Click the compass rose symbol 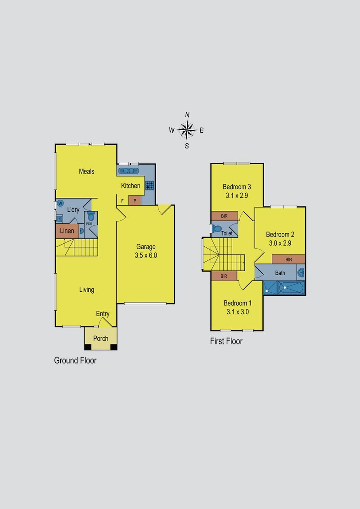pyautogui.click(x=187, y=130)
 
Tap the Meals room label pyautogui.click(x=86, y=171)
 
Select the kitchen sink pyautogui.click(x=128, y=171)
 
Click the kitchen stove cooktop pyautogui.click(x=149, y=185)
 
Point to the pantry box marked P pyautogui.click(x=135, y=200)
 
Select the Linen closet pyautogui.click(x=67, y=231)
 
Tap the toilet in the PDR pyautogui.click(x=91, y=216)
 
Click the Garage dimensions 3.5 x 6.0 pyautogui.click(x=146, y=255)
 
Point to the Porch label pyautogui.click(x=101, y=339)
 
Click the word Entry pyautogui.click(x=103, y=314)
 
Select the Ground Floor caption pyautogui.click(x=75, y=360)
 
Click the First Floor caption pyautogui.click(x=226, y=341)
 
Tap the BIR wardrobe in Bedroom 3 pyautogui.click(x=225, y=216)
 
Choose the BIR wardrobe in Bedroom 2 pyautogui.click(x=288, y=259)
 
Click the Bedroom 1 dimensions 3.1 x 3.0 pyautogui.click(x=238, y=312)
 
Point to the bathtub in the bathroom pyautogui.click(x=292, y=288)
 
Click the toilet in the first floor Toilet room pyautogui.click(x=217, y=229)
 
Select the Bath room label pyautogui.click(x=280, y=273)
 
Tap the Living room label pyautogui.click(x=87, y=290)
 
